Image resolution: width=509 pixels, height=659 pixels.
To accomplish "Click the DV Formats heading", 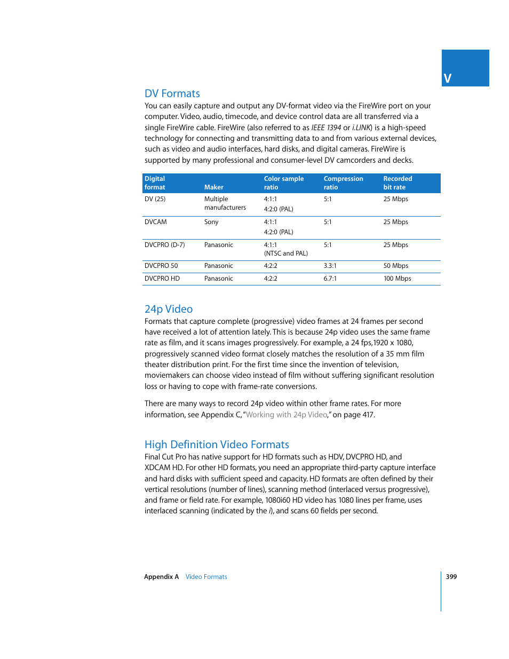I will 172,93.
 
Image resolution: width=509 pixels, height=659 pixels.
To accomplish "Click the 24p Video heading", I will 168,309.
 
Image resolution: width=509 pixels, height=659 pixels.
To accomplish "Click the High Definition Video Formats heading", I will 217,444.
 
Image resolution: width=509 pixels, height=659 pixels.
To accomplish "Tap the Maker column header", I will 213,187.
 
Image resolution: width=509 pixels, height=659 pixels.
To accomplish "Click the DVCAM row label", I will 155,222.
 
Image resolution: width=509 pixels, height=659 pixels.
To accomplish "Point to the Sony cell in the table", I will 211,222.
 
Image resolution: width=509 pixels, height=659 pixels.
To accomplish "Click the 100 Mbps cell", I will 397,279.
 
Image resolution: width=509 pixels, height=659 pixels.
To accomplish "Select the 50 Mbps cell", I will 395,266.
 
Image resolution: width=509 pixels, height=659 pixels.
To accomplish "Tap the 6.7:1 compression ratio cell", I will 330,279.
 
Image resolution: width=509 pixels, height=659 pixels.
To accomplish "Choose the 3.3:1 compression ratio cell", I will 330,266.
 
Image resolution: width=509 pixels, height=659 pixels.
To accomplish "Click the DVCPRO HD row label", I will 162,279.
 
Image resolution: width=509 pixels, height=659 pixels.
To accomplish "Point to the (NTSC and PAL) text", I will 285,253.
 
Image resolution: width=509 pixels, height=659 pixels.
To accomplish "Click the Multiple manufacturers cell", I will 225,203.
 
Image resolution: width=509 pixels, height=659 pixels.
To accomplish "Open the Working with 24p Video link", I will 287,415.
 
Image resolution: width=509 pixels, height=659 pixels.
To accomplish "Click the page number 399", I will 451,577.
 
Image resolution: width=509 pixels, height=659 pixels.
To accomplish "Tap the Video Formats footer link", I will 206,577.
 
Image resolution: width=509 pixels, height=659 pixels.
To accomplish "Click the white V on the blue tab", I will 448,79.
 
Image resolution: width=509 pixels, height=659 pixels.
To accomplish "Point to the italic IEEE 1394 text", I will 326,128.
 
